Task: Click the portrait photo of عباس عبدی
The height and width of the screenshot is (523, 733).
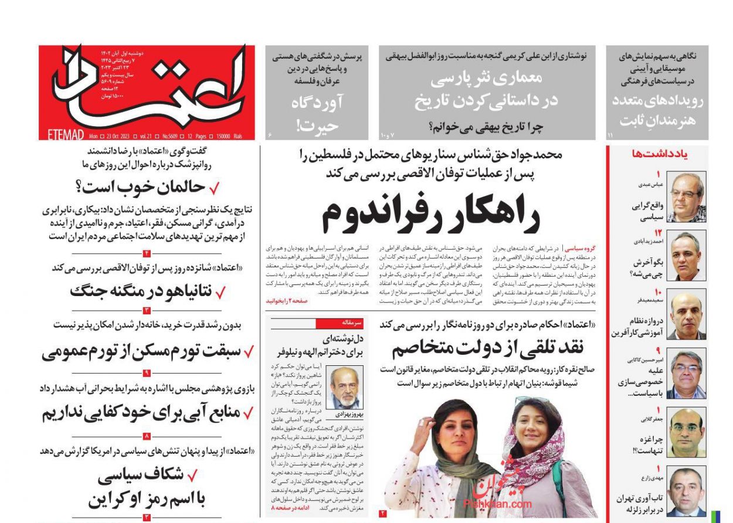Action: [687, 197]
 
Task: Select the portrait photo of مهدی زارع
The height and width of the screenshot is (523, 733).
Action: [687, 491]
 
